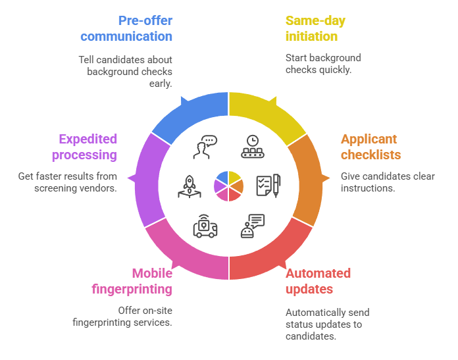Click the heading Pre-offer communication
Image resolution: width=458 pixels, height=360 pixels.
pos(127,28)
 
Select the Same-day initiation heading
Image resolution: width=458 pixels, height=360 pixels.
pos(315,28)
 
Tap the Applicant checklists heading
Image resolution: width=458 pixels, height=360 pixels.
pos(370,147)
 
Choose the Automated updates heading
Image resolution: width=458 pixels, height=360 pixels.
pos(318,281)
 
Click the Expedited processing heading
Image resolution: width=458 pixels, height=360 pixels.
pos(88,147)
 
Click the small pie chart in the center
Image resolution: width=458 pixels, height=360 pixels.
pos(228,186)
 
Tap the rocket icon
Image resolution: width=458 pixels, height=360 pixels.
pos(188,187)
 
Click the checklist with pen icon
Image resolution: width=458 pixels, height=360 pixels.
pos(268,186)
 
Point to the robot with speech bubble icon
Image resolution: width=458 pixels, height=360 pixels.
pos(252,226)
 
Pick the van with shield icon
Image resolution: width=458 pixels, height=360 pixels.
pos(205,226)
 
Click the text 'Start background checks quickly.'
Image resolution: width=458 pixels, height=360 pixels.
pos(322,63)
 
